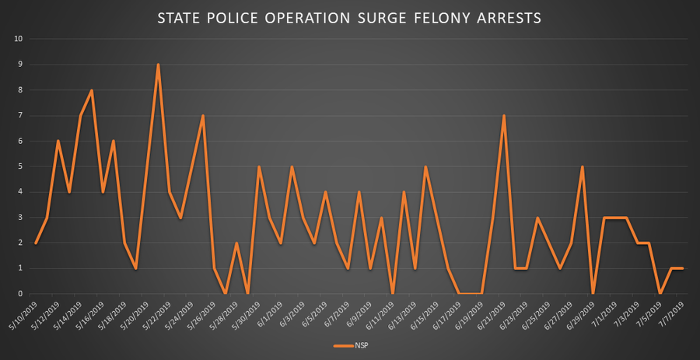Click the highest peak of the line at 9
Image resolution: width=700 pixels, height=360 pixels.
[x=158, y=65]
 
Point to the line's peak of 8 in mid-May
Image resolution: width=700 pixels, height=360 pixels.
[x=92, y=90]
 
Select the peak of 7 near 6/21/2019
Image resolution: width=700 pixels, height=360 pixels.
[x=504, y=116]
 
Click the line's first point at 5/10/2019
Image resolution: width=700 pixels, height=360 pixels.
[x=36, y=243]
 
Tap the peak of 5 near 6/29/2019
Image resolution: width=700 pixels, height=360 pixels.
[x=582, y=166]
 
